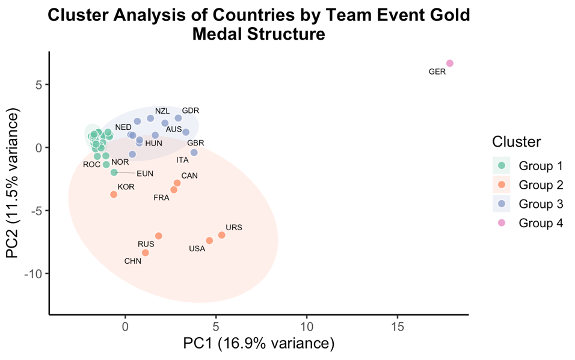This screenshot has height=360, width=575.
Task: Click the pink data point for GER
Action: click(x=449, y=63)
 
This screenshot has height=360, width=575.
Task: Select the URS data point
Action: click(x=221, y=235)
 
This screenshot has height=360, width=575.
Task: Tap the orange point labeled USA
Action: click(x=209, y=240)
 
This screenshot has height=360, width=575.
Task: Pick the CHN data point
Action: click(x=145, y=252)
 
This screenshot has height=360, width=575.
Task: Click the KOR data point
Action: click(x=114, y=194)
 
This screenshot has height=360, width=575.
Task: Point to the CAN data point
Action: click(x=177, y=183)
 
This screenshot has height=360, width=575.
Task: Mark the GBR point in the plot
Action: click(x=194, y=153)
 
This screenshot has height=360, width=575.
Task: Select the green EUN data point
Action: click(x=114, y=172)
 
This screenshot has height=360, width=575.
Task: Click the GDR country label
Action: click(x=190, y=111)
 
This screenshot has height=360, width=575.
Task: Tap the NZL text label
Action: click(x=162, y=111)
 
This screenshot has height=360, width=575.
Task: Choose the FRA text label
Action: click(x=161, y=198)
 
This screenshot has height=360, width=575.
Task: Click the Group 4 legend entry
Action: click(x=540, y=224)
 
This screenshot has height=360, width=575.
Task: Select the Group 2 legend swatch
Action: click(x=501, y=184)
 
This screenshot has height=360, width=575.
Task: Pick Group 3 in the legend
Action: click(x=540, y=204)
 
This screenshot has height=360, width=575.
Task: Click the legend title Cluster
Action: click(x=515, y=142)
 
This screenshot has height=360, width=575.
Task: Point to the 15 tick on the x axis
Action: click(x=397, y=328)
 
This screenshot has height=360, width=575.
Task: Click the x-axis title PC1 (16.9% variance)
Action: click(x=259, y=344)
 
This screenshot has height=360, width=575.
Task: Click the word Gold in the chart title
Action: click(x=446, y=16)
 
